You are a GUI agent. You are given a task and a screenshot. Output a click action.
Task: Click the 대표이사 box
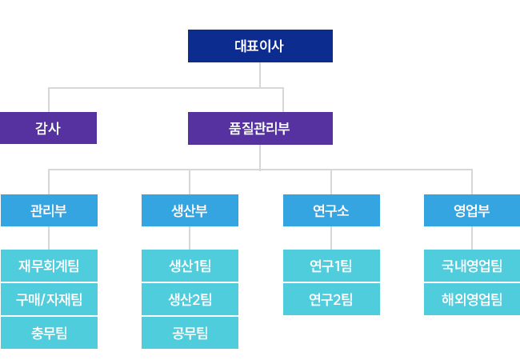tap(260, 46)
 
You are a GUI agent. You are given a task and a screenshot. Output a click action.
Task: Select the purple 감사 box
tap(49, 128)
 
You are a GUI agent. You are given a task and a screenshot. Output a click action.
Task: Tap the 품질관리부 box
tap(260, 128)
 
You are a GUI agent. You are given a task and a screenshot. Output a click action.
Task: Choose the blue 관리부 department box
tap(49, 210)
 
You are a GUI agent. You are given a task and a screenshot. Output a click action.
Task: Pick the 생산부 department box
tap(190, 210)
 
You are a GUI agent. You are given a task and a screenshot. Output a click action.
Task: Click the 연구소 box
tap(331, 210)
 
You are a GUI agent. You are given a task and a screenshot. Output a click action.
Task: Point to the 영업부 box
tap(472, 210)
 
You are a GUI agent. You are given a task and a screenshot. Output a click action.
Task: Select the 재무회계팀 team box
tap(49, 266)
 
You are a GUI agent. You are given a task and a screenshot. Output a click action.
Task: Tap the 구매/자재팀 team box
tap(49, 299)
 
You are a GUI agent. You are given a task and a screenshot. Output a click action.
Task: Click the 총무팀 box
tap(49, 333)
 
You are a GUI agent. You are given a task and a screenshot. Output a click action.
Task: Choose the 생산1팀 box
tap(190, 266)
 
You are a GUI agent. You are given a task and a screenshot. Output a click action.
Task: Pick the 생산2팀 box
tap(190, 299)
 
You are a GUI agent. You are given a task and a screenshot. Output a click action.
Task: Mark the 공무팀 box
tap(190, 333)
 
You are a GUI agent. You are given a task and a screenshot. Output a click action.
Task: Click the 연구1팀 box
tap(331, 266)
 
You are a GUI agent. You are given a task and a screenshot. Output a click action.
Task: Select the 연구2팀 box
tap(331, 299)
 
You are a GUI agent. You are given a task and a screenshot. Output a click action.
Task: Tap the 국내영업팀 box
tap(472, 266)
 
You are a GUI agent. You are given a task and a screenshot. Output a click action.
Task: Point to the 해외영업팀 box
tap(472, 299)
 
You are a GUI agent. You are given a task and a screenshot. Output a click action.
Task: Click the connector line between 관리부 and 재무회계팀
tap(49, 238)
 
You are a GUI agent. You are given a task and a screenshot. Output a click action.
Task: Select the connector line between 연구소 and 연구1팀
tap(331, 238)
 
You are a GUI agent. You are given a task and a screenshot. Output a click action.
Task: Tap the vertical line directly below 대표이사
tap(260, 75)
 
